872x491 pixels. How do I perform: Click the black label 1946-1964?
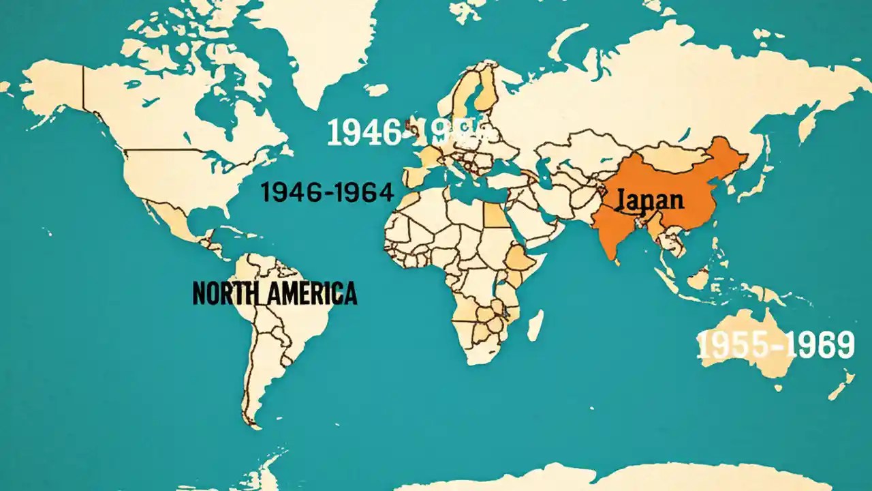(327, 193)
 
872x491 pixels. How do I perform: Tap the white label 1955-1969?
(775, 346)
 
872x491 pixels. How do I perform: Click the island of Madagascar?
(535, 325)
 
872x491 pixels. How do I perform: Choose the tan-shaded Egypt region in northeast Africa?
(495, 215)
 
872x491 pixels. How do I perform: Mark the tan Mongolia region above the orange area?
(668, 158)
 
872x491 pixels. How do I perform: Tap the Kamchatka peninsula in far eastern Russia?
(807, 123)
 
